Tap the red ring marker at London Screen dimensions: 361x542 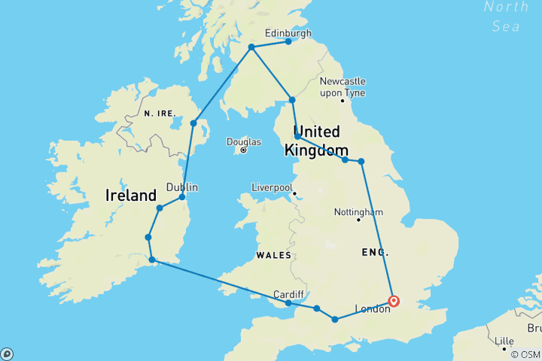tap(394, 302)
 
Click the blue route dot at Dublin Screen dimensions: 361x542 tap(182, 197)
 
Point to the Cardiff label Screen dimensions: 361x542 tap(289, 293)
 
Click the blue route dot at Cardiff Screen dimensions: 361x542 tap(288, 303)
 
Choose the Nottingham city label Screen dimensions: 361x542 tap(358, 211)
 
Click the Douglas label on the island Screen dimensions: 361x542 tap(244, 141)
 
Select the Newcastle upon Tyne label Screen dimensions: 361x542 tap(343, 86)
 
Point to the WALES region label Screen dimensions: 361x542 tap(273, 255)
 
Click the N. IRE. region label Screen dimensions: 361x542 tap(160, 113)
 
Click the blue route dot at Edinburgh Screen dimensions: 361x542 tap(288, 41)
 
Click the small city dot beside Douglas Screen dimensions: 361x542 tap(244, 150)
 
